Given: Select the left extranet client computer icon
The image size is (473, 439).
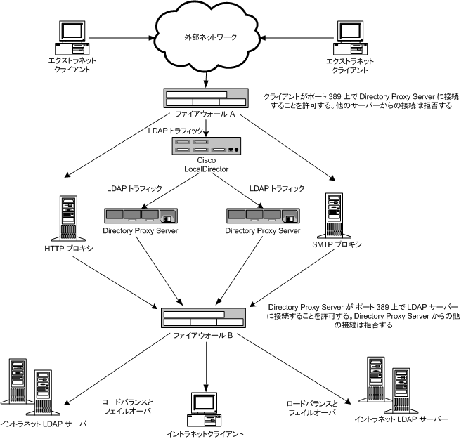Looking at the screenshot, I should click(72, 39).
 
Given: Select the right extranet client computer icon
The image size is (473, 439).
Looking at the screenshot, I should click(349, 39).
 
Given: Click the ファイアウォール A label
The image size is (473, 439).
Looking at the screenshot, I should click(205, 115).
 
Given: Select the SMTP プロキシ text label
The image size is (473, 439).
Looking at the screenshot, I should click(337, 244).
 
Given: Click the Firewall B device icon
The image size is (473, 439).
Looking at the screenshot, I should click(205, 317).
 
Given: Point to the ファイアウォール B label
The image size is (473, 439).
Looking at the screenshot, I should click(205, 336).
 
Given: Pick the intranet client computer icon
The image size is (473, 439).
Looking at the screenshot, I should click(205, 408).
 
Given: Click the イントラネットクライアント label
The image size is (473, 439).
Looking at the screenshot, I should click(203, 433).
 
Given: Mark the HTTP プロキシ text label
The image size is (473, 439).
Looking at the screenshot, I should click(67, 249).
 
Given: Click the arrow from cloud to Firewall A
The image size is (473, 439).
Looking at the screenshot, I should click(205, 75).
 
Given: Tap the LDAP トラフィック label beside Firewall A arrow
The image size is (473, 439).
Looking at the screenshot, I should click(173, 130).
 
